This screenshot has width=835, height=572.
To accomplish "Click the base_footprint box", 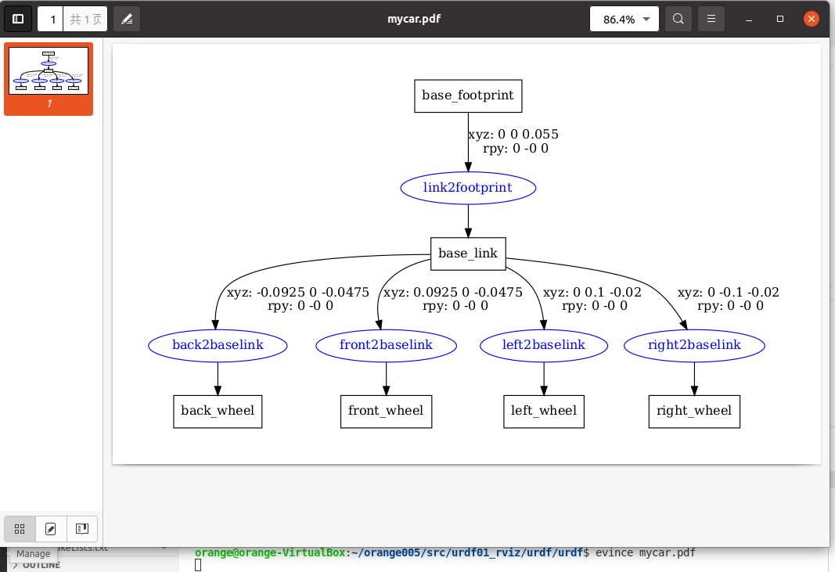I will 468,95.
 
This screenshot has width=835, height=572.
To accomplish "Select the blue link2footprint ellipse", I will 468,188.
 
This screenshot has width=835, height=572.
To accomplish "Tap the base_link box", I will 468,254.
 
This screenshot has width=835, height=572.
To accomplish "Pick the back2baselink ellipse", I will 218,345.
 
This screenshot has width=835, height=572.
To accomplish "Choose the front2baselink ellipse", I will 386,345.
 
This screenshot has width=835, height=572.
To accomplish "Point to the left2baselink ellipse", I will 544,345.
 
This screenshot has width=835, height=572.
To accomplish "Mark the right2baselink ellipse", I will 694,345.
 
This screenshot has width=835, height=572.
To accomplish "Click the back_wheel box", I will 218,411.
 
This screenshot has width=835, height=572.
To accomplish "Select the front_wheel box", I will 386,411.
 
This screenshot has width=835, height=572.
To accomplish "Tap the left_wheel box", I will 544,411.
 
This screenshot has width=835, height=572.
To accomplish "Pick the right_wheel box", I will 694,411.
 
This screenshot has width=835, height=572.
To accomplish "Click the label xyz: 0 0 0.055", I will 513,135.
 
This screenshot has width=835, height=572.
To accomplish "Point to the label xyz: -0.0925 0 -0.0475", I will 297,293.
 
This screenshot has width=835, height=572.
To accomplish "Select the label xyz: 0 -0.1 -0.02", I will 728,293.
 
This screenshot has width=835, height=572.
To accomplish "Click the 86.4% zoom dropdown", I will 624,19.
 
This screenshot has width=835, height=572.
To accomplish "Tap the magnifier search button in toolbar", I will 678,19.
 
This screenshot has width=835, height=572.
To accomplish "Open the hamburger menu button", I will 711,19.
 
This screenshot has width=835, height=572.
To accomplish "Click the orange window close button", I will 812,19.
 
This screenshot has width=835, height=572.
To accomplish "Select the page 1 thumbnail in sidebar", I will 49,71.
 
